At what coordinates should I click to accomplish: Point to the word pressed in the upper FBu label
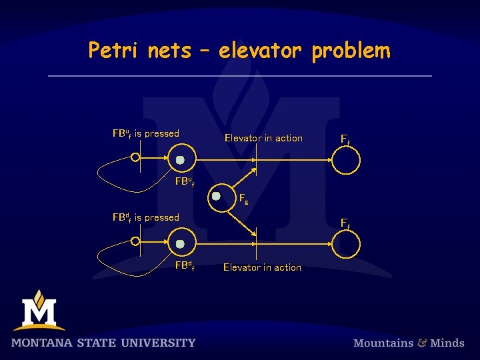pyautogui.click(x=162, y=133)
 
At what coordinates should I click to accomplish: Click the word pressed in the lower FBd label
pyautogui.click(x=162, y=217)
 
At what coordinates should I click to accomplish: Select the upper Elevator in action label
pyautogui.click(x=263, y=138)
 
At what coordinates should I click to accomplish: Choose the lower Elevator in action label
pyautogui.click(x=262, y=267)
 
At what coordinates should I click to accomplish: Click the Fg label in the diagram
pyautogui.click(x=244, y=197)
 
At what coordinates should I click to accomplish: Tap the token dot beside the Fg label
pyautogui.click(x=216, y=197)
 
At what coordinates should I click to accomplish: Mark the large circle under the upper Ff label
pyautogui.click(x=346, y=160)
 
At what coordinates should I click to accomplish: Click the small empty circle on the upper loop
pyautogui.click(x=135, y=158)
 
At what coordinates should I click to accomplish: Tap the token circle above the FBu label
pyautogui.click(x=180, y=160)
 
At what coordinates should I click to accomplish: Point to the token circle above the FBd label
pyautogui.click(x=180, y=243)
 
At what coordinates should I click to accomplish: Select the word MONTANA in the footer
pyautogui.click(x=43, y=343)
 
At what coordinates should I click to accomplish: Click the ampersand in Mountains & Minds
pyautogui.click(x=423, y=343)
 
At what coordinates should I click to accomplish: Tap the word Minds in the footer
pyautogui.click(x=447, y=343)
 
